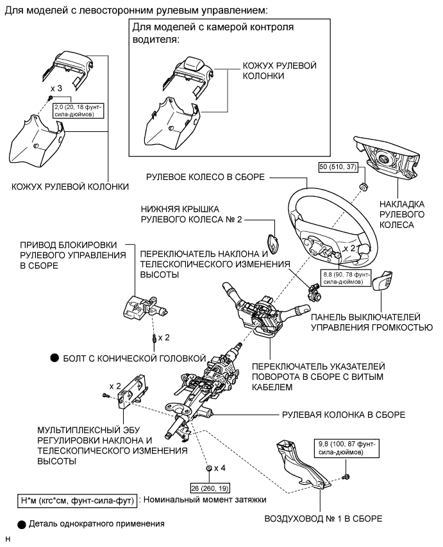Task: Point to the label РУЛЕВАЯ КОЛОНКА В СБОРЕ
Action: [x=343, y=414]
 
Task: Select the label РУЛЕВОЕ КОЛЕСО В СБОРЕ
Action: [x=205, y=177]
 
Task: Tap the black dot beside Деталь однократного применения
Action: [x=21, y=525]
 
